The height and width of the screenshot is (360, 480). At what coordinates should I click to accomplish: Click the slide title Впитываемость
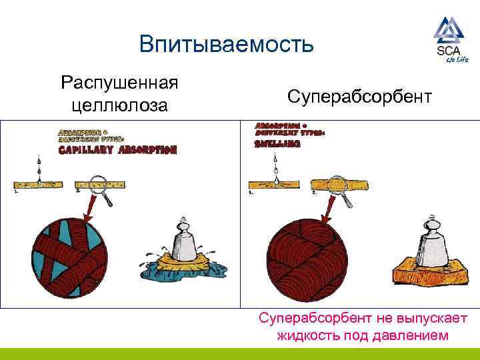pos(226,45)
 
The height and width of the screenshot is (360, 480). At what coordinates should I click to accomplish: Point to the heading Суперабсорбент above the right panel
pos(360,97)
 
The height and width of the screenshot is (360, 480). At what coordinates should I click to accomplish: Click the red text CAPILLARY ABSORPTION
pos(117,150)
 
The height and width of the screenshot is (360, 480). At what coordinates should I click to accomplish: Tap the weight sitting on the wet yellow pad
pos(184,241)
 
